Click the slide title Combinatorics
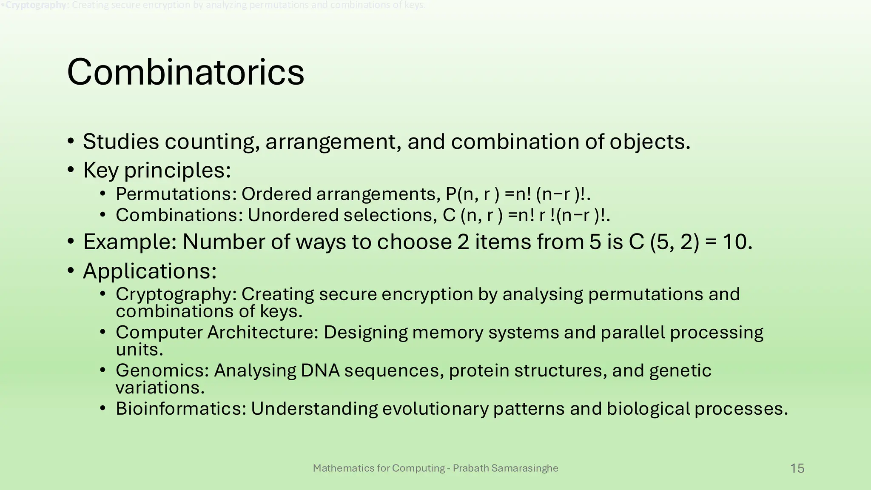coord(185,72)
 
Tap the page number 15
coord(797,468)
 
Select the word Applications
coord(150,271)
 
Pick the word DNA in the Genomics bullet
coord(320,370)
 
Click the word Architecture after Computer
coord(263,332)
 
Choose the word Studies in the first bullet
coord(121,142)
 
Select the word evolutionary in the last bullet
coord(435,409)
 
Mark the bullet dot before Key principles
coord(71,170)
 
